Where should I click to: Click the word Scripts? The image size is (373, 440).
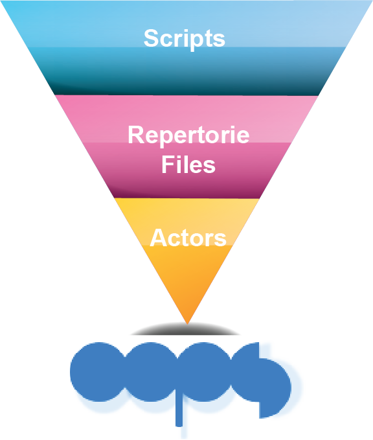click(185, 39)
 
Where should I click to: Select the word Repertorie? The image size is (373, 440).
click(188, 135)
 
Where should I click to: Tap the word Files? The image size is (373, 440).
click(188, 164)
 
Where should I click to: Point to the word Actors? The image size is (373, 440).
click(188, 238)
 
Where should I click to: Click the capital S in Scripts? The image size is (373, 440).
click(152, 38)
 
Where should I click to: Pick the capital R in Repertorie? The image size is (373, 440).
click(136, 134)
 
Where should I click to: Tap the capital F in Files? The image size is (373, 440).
click(168, 164)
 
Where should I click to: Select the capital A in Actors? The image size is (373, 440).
click(159, 237)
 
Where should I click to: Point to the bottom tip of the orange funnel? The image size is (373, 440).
click(187, 325)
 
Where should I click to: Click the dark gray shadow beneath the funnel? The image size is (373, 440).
click(186, 330)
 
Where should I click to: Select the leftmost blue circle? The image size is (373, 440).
click(98, 371)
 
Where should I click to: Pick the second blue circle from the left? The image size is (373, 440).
click(151, 371)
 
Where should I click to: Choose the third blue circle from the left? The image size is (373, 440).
click(204, 371)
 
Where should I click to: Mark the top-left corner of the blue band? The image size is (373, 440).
click(1, 1)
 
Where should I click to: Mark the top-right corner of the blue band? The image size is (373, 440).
click(372, 1)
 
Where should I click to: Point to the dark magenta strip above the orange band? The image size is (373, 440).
click(186, 192)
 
